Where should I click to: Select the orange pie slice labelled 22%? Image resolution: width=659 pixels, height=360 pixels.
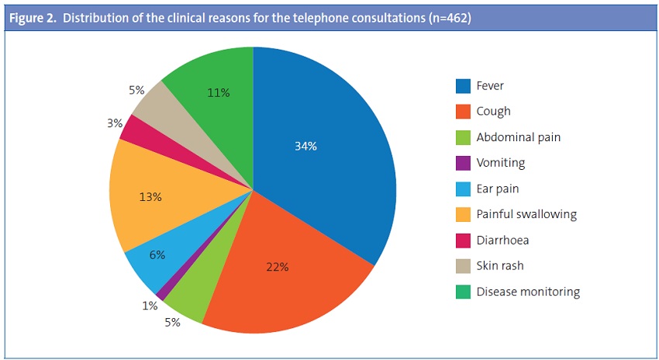(x=278, y=268)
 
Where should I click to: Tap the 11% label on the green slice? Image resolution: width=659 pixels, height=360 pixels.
(x=219, y=93)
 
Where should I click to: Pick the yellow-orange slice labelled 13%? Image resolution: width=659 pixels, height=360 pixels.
(x=150, y=197)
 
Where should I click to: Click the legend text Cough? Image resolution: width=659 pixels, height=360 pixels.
(x=494, y=111)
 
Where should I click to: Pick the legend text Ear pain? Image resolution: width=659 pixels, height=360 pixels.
(x=498, y=189)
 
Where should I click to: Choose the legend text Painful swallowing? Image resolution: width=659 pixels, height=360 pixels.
(x=526, y=214)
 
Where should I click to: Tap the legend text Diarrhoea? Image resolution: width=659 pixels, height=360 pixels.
(x=502, y=241)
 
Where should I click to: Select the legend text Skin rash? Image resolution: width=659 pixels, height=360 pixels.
(x=500, y=266)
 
